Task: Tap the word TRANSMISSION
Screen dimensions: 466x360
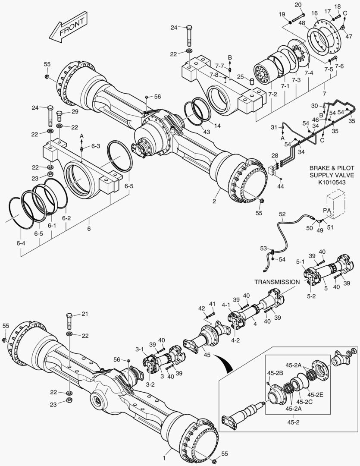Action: [x=276, y=282]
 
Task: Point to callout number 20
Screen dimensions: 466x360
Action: [x=297, y=5]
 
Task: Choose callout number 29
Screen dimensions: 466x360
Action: [x=75, y=112]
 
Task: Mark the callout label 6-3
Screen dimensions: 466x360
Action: [x=95, y=147]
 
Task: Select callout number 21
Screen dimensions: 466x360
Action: [x=85, y=314]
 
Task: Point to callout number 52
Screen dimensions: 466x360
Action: [x=282, y=214]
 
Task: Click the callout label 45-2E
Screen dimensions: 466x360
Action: [x=313, y=394]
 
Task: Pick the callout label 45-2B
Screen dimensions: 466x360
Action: [x=275, y=373]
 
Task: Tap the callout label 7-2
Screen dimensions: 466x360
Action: [x=272, y=94]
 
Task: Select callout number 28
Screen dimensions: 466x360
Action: [x=275, y=155]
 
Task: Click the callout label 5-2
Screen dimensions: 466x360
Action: [x=312, y=296]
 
